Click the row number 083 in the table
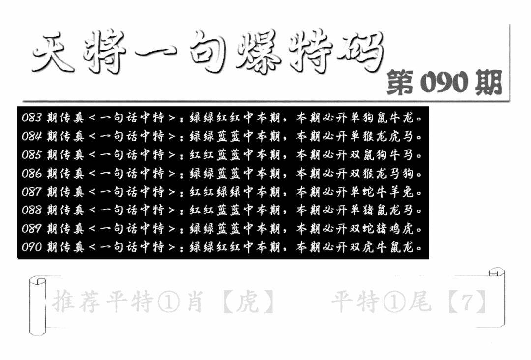[x=31, y=118]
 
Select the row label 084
[x=31, y=137]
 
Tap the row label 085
[x=31, y=155]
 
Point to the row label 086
[x=31, y=174]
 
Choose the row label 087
[x=31, y=192]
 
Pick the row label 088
[x=31, y=210]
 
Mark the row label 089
[x=31, y=229]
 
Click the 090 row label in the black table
[x=31, y=247]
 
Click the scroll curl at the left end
[x=37, y=306]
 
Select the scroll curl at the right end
[x=497, y=298]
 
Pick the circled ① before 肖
[x=169, y=302]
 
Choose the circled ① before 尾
[x=394, y=302]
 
